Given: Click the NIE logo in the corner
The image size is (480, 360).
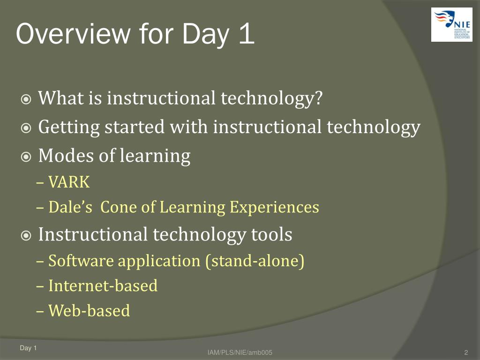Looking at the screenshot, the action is [451, 25].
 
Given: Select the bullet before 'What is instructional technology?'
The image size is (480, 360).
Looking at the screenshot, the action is [26, 99].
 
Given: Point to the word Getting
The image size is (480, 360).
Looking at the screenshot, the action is [69, 127].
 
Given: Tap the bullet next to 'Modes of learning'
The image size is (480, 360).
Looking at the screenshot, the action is [26, 157].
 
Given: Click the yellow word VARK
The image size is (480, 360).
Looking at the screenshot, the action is [69, 182].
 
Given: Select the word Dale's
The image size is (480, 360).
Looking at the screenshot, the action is [70, 207].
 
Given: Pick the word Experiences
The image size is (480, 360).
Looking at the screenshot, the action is [274, 208].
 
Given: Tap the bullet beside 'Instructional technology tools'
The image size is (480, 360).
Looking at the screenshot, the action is [26, 236].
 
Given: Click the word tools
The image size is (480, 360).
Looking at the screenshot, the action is [271, 235].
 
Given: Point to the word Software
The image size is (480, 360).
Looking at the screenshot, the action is [81, 261].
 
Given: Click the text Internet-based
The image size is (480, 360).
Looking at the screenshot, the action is [103, 286].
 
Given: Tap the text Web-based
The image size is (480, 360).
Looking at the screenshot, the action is [89, 311].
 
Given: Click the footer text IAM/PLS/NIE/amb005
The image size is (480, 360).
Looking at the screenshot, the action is [240, 352].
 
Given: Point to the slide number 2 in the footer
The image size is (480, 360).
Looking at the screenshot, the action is [466, 352].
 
